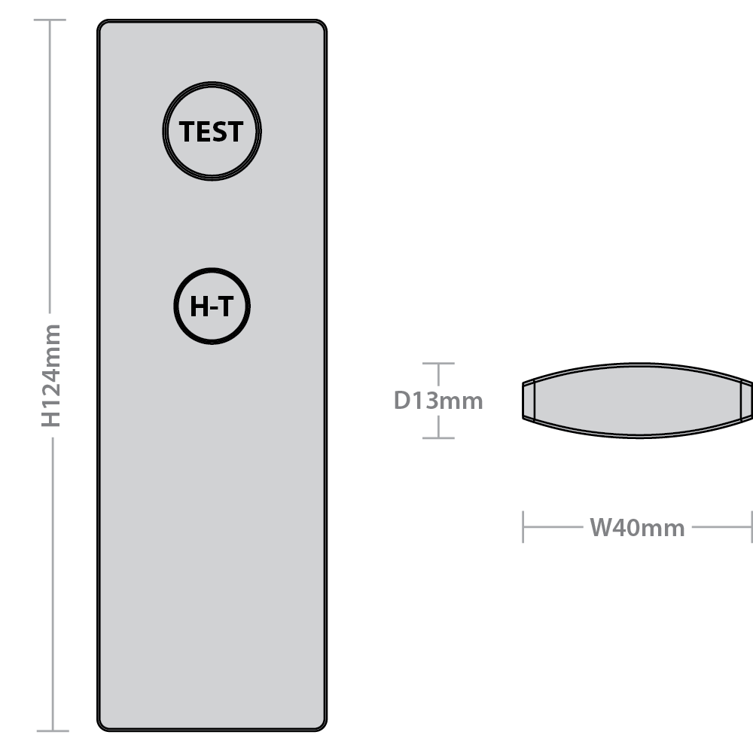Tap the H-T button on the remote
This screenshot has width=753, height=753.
(x=212, y=306)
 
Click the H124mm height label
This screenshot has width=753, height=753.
(x=51, y=375)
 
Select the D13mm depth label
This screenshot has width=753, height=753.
(x=438, y=400)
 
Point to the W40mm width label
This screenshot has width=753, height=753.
(x=637, y=528)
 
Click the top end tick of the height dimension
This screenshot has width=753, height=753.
(x=50, y=20)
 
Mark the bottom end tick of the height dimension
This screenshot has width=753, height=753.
(x=52, y=730)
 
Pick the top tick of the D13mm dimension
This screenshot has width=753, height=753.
(x=438, y=364)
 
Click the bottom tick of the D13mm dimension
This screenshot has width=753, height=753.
(x=438, y=437)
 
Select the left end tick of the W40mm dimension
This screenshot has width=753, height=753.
(x=523, y=527)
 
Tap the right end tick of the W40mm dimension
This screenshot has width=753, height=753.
(x=751, y=527)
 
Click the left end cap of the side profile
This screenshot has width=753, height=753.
(x=528, y=400)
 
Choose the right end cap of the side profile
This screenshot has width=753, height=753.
(x=746, y=400)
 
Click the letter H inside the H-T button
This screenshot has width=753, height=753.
(x=198, y=307)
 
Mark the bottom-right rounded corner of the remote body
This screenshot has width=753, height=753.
(x=320, y=724)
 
